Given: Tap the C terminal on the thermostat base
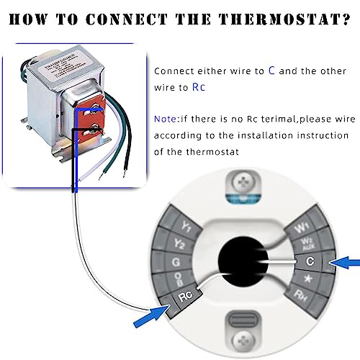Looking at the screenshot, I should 307,262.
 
